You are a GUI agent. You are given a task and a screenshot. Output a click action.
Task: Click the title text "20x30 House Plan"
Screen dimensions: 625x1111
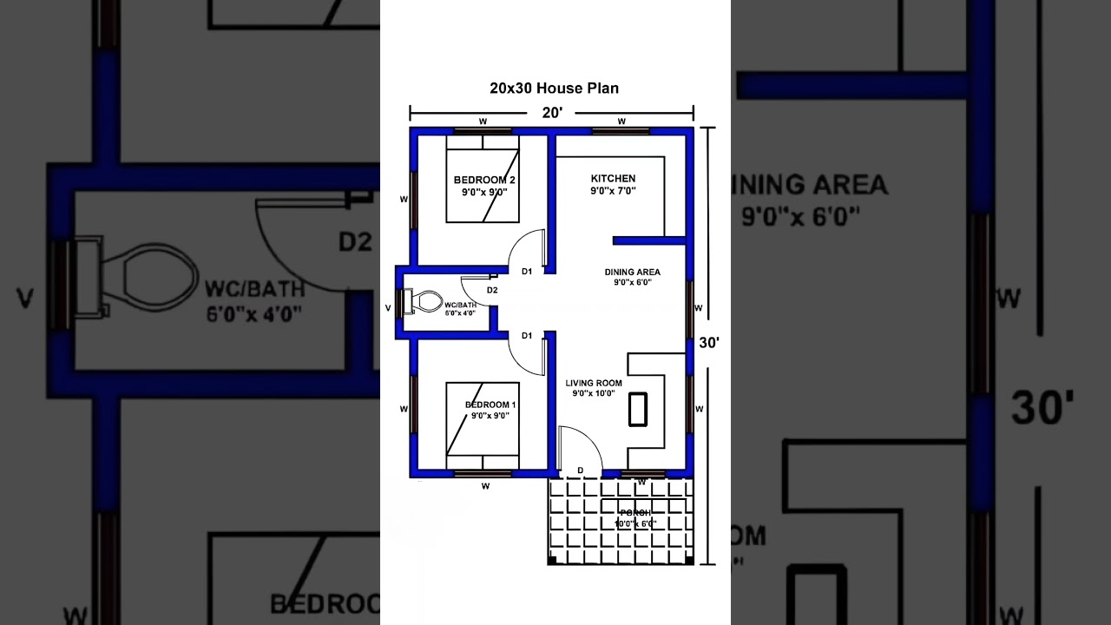(554, 88)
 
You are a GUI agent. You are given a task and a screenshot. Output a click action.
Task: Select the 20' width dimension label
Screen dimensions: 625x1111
(553, 112)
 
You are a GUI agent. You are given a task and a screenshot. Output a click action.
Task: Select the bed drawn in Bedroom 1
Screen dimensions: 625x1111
(483, 418)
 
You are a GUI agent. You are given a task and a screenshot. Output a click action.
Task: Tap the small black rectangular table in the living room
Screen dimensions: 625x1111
(638, 409)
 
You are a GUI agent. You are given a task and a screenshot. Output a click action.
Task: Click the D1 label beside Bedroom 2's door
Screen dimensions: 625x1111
(526, 272)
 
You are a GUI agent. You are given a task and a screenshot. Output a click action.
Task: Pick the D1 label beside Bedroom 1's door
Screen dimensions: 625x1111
(526, 335)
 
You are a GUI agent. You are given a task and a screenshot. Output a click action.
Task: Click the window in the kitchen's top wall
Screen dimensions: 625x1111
(621, 131)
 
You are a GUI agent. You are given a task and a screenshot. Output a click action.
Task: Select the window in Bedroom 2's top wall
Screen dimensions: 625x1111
(483, 131)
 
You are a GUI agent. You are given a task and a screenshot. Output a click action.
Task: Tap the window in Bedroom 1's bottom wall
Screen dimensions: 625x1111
(483, 473)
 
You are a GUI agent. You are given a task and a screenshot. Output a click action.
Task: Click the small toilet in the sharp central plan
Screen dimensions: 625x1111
(424, 302)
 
